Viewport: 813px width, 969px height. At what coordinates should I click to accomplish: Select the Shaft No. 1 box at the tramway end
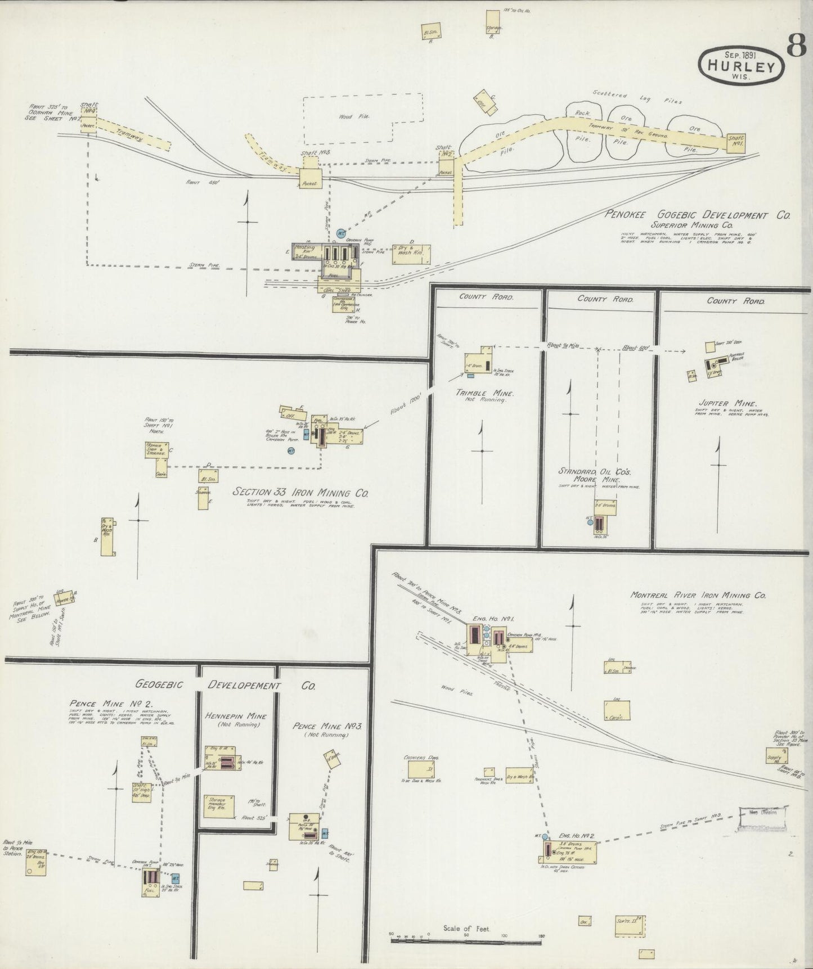pyautogui.click(x=735, y=141)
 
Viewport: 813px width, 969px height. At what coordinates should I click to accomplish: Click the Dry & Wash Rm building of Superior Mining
pyautogui.click(x=412, y=254)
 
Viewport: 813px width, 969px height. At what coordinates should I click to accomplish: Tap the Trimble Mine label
pyautogui.click(x=482, y=393)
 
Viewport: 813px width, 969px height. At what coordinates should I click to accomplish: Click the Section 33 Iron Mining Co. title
pyautogui.click(x=300, y=493)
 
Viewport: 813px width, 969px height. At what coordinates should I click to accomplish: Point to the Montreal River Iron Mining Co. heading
pyautogui.click(x=698, y=595)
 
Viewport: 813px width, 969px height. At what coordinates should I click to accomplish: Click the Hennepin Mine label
pyautogui.click(x=236, y=716)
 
